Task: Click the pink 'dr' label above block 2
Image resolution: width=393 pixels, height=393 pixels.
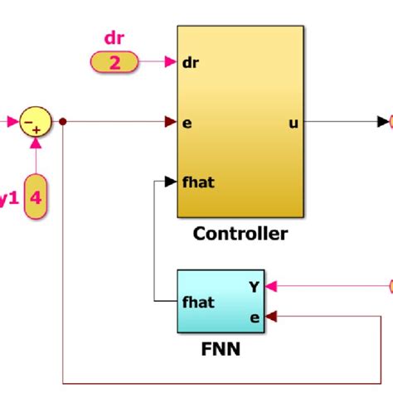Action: click(114, 38)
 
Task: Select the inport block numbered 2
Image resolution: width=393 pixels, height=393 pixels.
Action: click(114, 61)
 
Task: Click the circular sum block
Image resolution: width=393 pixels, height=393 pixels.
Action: click(36, 123)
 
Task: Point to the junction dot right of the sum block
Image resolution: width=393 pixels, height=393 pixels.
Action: click(64, 123)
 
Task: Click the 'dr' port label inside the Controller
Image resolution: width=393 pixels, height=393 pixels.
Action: click(190, 61)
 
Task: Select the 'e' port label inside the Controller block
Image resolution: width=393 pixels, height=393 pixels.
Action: click(187, 123)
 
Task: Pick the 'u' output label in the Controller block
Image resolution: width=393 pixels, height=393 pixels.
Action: click(293, 123)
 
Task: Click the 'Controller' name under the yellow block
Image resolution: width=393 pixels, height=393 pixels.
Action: click(240, 234)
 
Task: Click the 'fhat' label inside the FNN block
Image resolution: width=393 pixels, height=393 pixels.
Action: click(199, 302)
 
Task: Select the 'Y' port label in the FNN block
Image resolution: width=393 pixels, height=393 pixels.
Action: click(254, 287)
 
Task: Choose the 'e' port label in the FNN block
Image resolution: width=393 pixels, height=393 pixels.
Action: click(254, 316)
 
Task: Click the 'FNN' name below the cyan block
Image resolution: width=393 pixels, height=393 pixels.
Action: click(220, 348)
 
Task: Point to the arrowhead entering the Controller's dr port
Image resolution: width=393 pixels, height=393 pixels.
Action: click(172, 61)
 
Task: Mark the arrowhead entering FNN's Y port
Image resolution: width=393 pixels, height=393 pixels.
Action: click(271, 287)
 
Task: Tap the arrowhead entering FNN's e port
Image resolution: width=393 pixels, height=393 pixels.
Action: click(271, 316)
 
